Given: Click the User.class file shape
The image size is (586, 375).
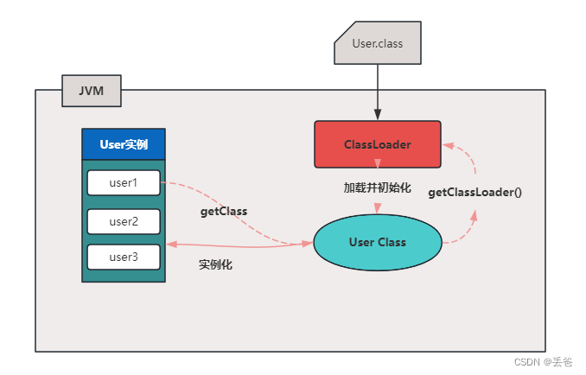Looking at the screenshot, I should pos(378,44).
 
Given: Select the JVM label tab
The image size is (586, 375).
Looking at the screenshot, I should pos(91,90).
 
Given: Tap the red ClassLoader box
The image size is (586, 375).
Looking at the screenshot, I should pos(377,143).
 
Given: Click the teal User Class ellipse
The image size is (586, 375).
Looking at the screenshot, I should pos(378,243).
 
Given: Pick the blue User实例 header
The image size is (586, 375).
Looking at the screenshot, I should pos(123,144).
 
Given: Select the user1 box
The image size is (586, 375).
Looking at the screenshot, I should pos(124,182).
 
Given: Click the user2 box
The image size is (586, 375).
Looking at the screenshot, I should pos(124,221).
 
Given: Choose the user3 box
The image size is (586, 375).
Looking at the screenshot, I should pos(124,257).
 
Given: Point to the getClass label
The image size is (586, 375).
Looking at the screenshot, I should pos(223,211).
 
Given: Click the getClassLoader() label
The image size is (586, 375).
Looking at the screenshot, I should pos(475,192).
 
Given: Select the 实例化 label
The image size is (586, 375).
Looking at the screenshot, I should pos(215,265).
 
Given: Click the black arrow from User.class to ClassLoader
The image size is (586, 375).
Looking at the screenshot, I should pos(378,91).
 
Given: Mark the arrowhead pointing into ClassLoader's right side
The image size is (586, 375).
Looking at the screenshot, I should pos(447,144).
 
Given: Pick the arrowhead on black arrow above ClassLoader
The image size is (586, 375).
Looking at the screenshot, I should pos(378,115).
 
